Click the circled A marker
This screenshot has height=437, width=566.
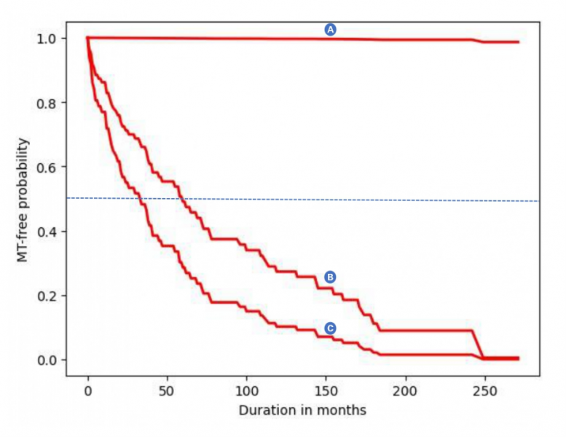point(330,29)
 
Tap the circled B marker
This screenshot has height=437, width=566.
point(330,277)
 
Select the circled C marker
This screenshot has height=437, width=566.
point(330,328)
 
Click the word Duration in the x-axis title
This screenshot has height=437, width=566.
point(263,410)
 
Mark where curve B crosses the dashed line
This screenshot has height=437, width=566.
point(181,199)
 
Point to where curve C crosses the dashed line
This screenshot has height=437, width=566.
point(140,198)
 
